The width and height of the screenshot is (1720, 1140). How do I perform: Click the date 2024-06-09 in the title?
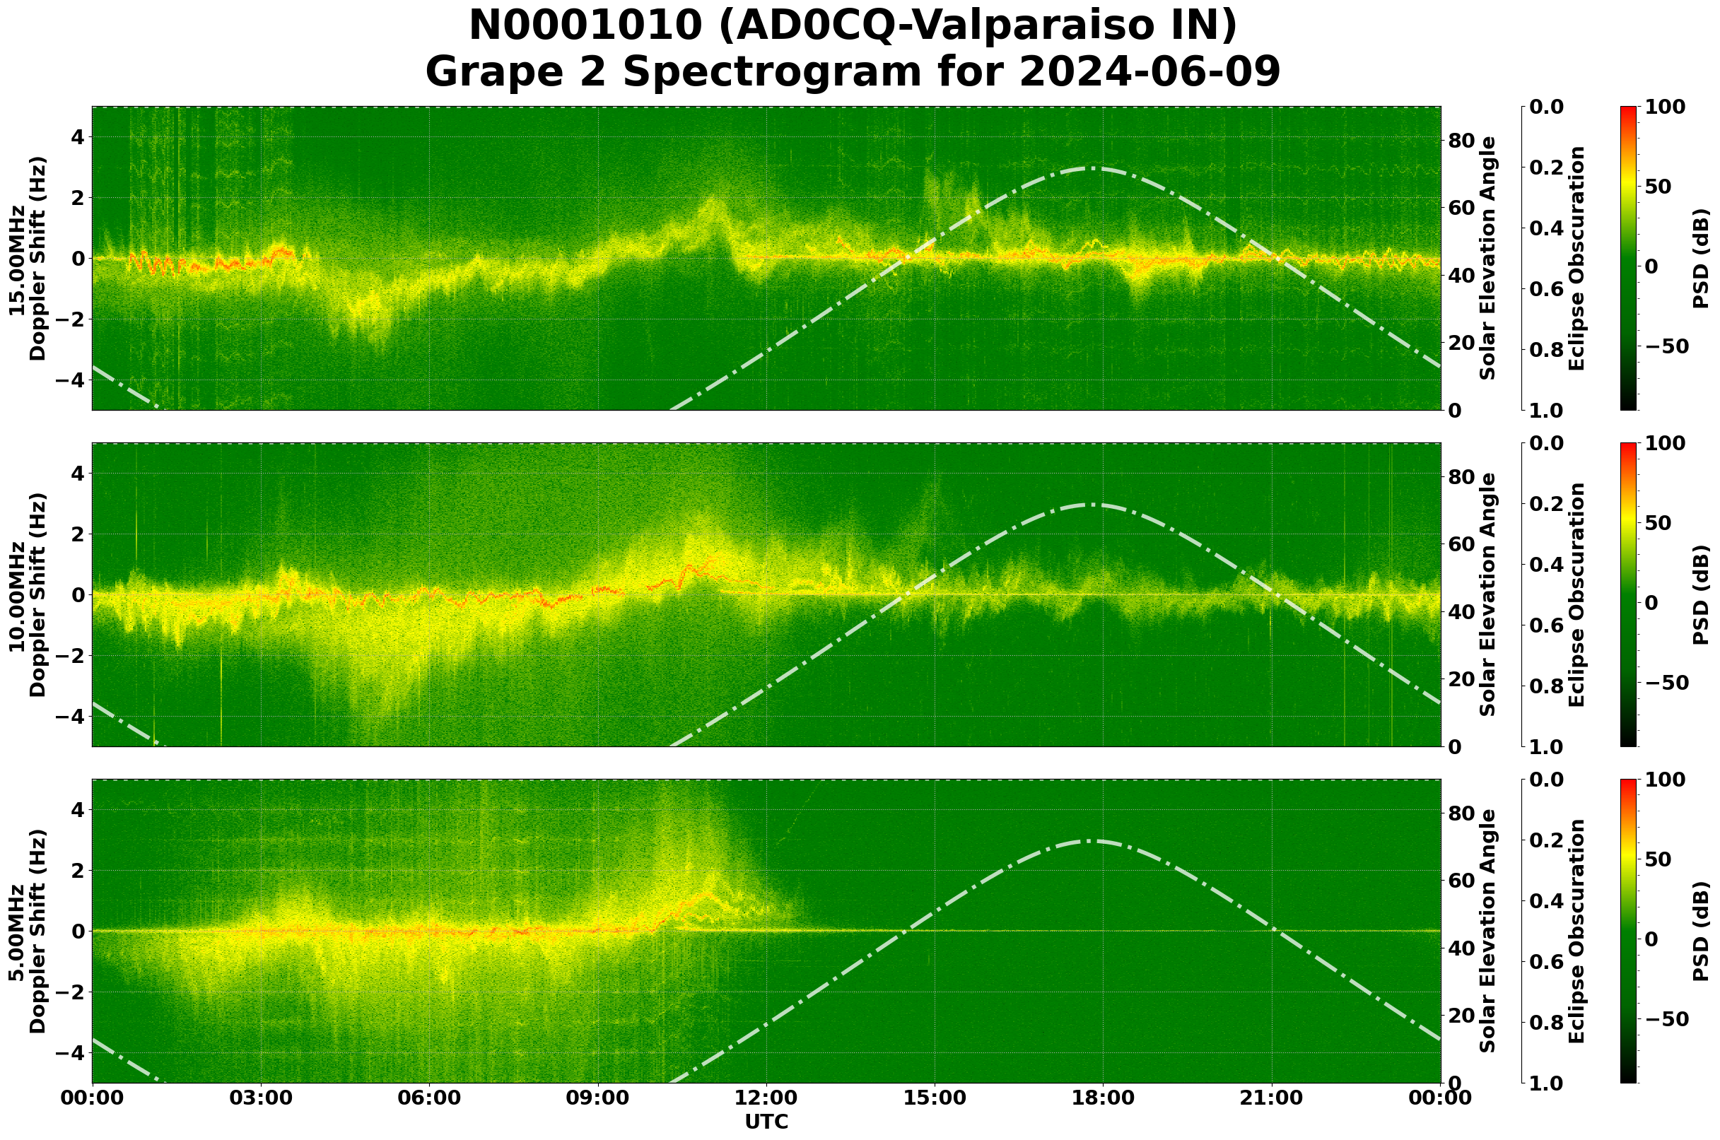click(x=1148, y=73)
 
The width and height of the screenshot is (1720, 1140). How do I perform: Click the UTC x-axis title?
click(x=766, y=1122)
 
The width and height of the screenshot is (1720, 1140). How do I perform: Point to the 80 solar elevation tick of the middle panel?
click(x=1460, y=477)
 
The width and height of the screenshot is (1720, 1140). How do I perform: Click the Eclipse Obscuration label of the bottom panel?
click(x=1576, y=931)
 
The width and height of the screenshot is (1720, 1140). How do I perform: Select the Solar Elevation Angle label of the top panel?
click(x=1488, y=258)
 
